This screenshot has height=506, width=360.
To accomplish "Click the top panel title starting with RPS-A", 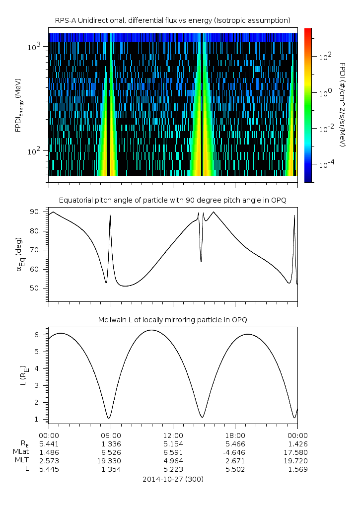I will click(172, 20).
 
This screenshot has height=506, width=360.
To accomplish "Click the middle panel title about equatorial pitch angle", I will click(172, 200).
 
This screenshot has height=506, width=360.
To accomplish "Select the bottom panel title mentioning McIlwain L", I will click(172, 320).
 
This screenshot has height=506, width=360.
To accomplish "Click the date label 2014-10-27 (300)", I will click(172, 479).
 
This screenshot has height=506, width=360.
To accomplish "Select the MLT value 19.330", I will click(111, 461).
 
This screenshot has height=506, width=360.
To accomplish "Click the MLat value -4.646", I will click(235, 452).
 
